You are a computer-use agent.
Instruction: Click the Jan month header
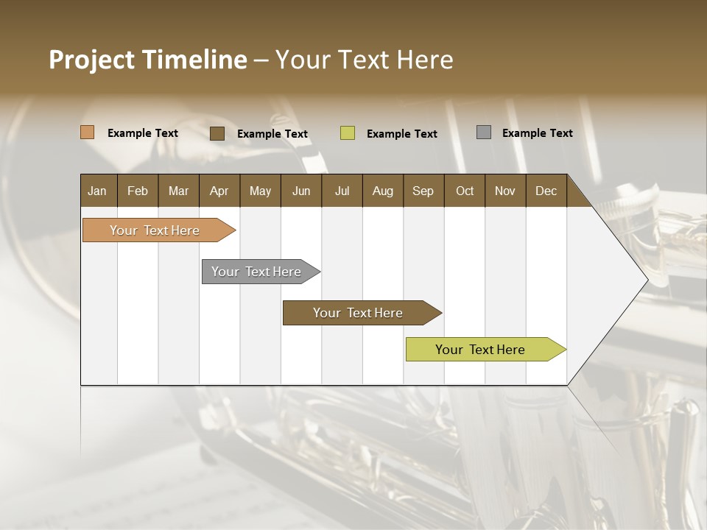pyautogui.click(x=97, y=191)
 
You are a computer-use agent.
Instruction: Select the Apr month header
pyautogui.click(x=219, y=191)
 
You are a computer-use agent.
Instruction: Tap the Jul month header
pyautogui.click(x=342, y=191)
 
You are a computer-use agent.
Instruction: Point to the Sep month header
pyautogui.click(x=423, y=191)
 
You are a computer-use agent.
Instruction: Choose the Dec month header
pyautogui.click(x=546, y=191)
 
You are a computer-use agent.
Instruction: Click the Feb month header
pyautogui.click(x=138, y=191)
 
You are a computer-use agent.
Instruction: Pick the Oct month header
pyautogui.click(x=465, y=191)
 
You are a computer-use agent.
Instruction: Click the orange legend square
pyautogui.click(x=87, y=132)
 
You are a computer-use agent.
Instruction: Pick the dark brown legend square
pyautogui.click(x=217, y=133)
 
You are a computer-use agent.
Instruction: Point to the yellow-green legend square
pyautogui.click(x=348, y=133)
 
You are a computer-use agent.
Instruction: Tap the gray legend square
pyautogui.click(x=483, y=132)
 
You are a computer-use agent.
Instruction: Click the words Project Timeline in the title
pyautogui.click(x=147, y=60)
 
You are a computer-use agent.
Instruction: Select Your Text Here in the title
pyautogui.click(x=364, y=60)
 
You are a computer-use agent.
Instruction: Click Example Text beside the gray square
pyautogui.click(x=537, y=133)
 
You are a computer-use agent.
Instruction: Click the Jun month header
pyautogui.click(x=301, y=191)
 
